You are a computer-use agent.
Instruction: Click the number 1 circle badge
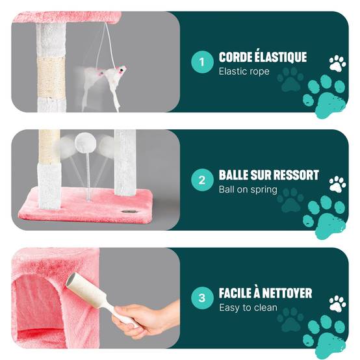coord(202,62)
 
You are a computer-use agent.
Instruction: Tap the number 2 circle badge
coord(202,180)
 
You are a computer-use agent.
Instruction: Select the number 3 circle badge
coord(202,298)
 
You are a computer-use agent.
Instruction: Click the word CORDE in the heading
coord(233,57)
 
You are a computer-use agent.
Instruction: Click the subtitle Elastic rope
coord(244,71)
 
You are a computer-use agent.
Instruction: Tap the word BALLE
coord(233,175)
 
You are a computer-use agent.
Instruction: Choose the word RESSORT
coord(296,175)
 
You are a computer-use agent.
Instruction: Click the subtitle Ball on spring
coord(248,190)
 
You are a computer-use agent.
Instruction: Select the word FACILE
coord(235,293)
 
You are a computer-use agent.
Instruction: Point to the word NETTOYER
coord(287,293)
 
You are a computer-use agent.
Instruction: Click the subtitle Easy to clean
coord(248,307)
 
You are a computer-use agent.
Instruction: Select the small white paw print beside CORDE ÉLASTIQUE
coord(337,63)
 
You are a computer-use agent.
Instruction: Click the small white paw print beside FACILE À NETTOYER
coord(337,303)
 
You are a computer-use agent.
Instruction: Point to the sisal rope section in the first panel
coord(51,77)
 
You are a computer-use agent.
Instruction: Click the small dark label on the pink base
coord(125,211)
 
